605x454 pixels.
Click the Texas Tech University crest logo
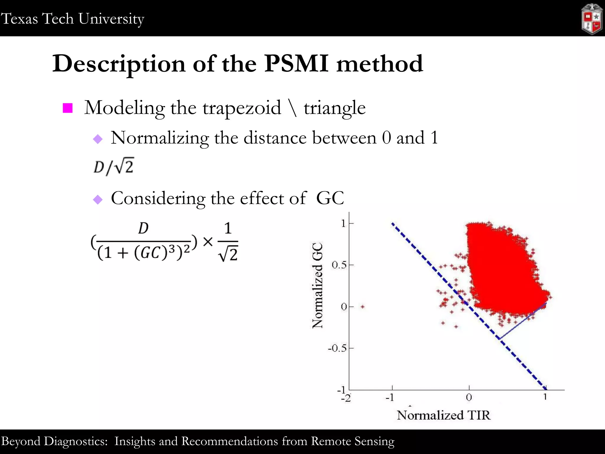point(592,19)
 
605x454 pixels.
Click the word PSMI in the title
point(296,63)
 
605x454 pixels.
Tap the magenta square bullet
point(68,108)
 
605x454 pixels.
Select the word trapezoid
point(242,108)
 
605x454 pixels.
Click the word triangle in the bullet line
point(334,108)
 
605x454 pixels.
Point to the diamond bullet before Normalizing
point(97,139)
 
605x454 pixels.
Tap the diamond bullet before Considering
point(97,199)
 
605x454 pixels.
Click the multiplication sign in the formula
point(208,242)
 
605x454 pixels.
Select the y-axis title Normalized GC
point(318,285)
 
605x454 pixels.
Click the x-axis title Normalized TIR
point(443,415)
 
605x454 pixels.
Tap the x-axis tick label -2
point(346,398)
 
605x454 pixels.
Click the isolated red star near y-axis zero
point(362,307)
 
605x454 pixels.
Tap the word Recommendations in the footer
point(230,441)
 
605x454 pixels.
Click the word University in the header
point(111,19)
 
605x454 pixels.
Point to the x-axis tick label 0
point(469,397)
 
